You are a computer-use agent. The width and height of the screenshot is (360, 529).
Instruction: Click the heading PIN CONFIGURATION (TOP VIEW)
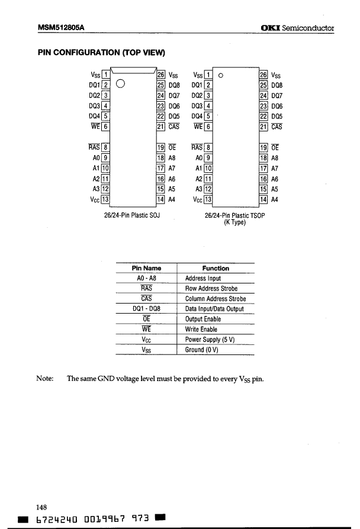coord(101,53)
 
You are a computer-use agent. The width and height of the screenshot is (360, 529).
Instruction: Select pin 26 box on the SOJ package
coord(160,75)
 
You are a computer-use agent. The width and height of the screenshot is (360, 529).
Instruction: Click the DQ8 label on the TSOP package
coord(277,85)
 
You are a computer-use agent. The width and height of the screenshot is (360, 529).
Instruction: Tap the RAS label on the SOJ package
coord(94,148)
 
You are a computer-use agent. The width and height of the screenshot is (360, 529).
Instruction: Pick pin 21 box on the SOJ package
coord(160,126)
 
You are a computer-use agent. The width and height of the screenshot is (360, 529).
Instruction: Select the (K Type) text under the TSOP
coord(234,223)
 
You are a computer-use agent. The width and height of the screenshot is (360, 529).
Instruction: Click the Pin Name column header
coord(147,268)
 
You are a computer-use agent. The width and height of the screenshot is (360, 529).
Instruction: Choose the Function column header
coord(215,268)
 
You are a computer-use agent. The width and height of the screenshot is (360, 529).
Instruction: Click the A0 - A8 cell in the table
coord(147,278)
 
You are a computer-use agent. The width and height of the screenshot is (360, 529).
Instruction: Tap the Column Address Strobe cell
coord(215,299)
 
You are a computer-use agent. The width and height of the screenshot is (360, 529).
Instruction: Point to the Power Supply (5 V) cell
coord(210,340)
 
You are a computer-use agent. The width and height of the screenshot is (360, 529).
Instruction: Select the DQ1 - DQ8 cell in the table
coord(147,309)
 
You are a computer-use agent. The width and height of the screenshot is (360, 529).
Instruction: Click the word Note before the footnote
coord(46,378)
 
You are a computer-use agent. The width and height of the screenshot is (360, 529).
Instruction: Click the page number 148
coord(42,507)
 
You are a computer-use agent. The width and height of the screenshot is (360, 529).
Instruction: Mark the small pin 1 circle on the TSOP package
coord(220,76)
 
